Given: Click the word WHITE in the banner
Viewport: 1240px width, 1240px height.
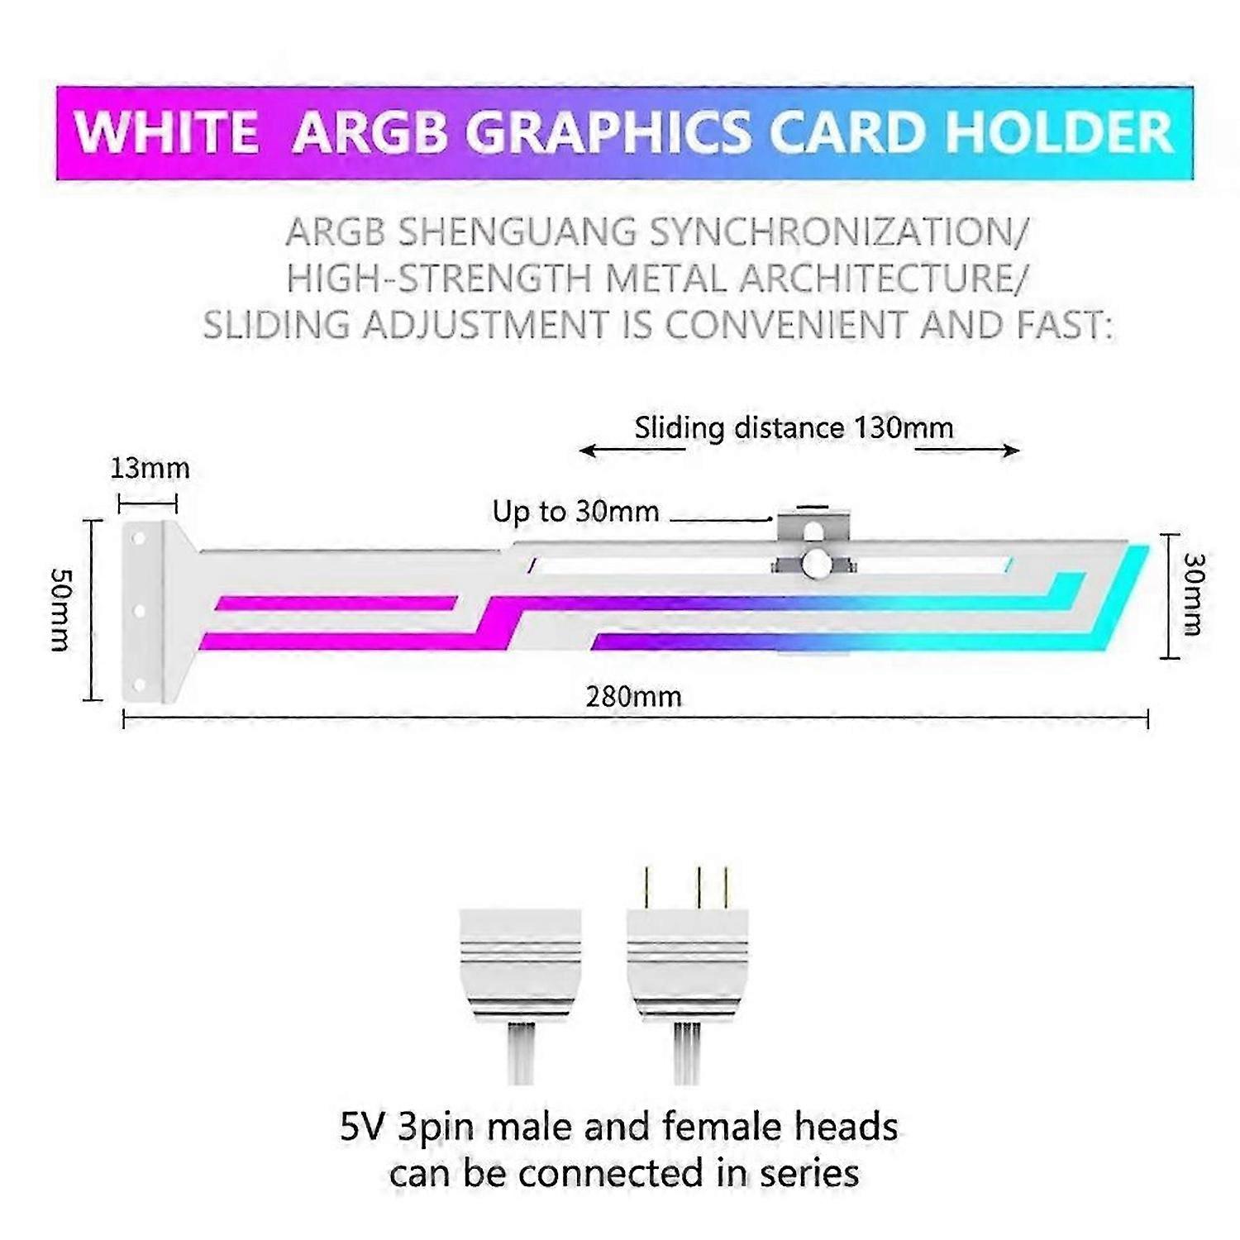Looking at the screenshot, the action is [x=165, y=132].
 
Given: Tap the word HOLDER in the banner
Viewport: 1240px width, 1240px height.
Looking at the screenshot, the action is [x=1059, y=132].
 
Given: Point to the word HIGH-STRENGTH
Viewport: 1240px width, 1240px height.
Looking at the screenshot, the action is [x=439, y=279].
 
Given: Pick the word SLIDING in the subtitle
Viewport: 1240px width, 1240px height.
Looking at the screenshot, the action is [x=277, y=325].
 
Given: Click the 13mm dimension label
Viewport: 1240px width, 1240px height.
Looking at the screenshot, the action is [x=150, y=469].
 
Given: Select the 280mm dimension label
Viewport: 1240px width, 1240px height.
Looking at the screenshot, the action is [x=634, y=697].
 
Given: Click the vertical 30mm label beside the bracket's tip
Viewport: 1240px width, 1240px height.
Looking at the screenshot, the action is [x=1194, y=594].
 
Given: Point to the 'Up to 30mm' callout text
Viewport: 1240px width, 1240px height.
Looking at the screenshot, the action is [x=575, y=511].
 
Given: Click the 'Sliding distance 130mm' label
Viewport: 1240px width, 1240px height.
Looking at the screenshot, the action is [x=794, y=427].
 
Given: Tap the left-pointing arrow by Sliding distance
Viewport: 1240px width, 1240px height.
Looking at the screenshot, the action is [x=632, y=451].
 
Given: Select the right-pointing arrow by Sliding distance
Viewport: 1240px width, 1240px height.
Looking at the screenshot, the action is [x=966, y=451].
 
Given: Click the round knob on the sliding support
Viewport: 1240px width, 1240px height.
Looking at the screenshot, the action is [x=815, y=564].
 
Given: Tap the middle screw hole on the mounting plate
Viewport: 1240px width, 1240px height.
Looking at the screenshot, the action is [x=139, y=611].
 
